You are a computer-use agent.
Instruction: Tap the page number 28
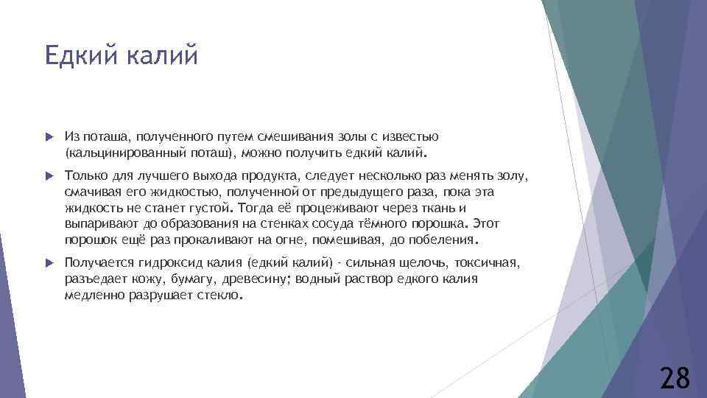675,378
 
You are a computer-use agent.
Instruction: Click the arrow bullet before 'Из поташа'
49,137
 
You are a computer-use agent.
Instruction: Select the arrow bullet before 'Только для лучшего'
49,176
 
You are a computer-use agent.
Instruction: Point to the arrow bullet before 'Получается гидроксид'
49,262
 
